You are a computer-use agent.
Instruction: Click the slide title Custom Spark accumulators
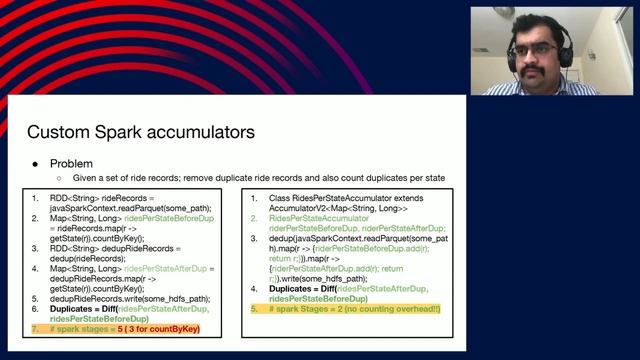coord(140,131)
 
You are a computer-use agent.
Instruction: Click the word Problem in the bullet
coord(71,163)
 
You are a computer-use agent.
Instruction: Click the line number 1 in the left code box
coord(37,198)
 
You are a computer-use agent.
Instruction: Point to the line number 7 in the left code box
coord(37,328)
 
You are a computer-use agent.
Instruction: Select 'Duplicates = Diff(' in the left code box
coord(89,310)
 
